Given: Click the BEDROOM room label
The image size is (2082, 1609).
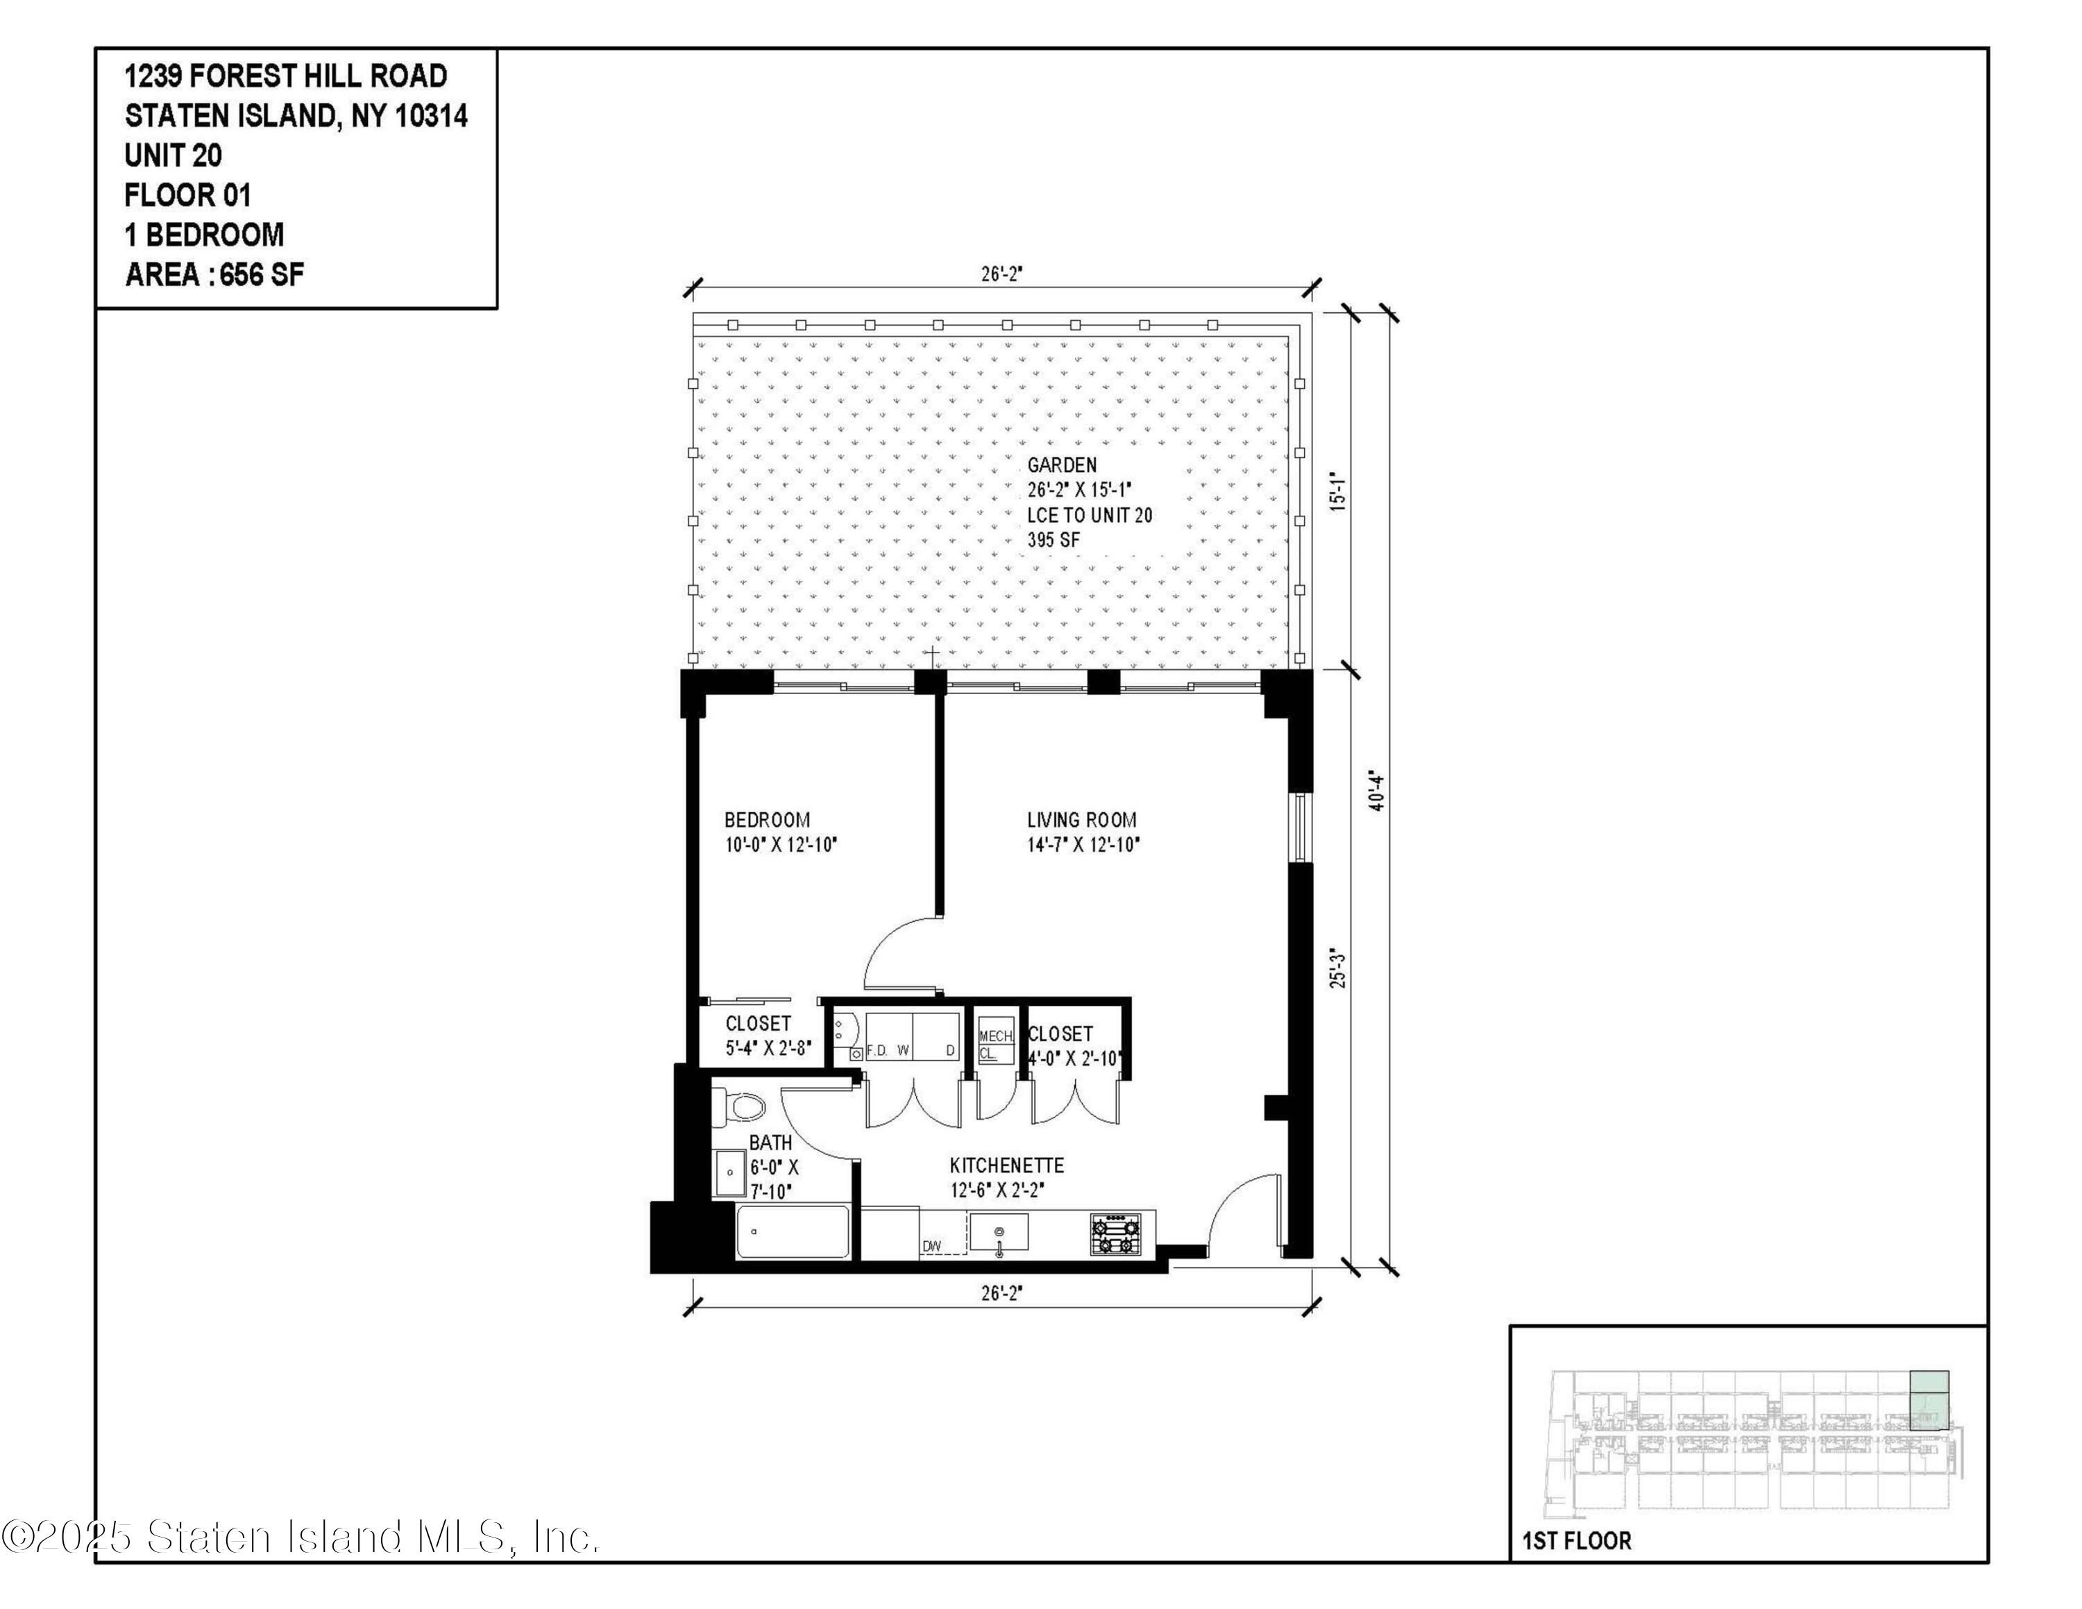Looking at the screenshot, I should click(768, 820).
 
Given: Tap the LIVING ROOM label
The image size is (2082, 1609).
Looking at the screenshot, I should click(1081, 820).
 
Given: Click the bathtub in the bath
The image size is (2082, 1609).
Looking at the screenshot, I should click(792, 1231).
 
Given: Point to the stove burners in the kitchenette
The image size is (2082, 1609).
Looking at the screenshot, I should click(1115, 1234).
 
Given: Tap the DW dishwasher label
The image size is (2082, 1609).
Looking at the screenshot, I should click(931, 1246).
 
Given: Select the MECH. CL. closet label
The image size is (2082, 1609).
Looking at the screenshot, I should click(995, 1045).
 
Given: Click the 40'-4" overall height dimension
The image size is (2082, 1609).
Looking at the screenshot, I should click(1376, 790).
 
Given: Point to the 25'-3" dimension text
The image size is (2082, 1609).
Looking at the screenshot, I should click(1339, 968).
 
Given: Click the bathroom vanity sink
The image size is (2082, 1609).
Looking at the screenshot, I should click(730, 1173).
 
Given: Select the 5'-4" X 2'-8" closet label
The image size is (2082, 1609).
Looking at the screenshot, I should click(768, 1047).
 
